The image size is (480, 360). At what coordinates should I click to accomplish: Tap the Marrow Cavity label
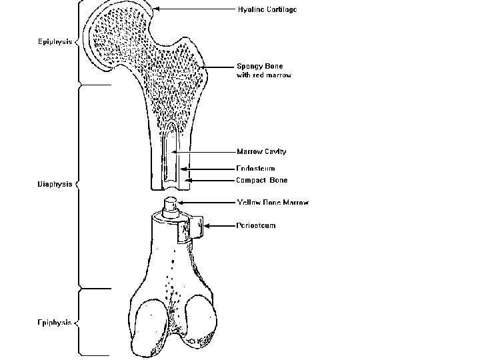point(261,151)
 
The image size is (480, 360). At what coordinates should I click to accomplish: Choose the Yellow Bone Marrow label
point(273,202)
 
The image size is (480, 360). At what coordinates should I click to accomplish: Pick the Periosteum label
point(256,225)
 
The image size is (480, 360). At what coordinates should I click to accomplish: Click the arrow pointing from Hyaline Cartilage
point(193,10)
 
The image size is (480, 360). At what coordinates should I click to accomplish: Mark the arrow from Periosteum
point(217,226)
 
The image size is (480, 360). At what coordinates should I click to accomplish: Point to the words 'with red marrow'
point(264,75)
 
